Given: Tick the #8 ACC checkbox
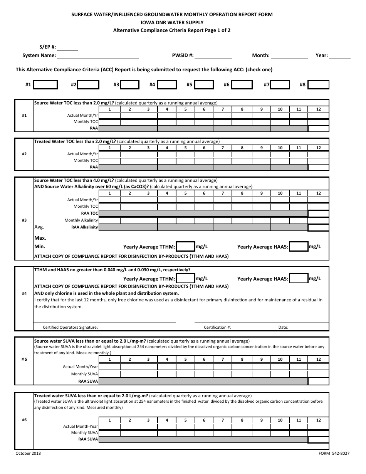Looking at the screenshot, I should coord(319,85).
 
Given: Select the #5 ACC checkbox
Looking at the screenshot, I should coord(204,85).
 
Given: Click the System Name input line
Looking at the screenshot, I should coord(98,55).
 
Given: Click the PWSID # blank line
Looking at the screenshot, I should coord(213,55).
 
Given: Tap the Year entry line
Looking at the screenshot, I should coord(340,55).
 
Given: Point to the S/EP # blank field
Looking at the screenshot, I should coord(67,47).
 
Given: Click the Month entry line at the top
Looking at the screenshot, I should coord(289,55).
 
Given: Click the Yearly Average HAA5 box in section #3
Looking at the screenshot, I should coord(299,247).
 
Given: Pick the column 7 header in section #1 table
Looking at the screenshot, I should coord(223,109).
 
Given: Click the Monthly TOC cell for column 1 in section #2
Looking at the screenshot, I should coord(109,161).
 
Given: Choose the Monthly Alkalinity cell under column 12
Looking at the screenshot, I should coord(318,220).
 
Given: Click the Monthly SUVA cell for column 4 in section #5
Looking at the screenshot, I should coord(166,374).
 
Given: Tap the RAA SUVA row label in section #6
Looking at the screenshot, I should coord(88,439).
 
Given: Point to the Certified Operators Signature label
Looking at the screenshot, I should coord(70,328).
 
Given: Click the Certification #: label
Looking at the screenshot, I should coord(217,328).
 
